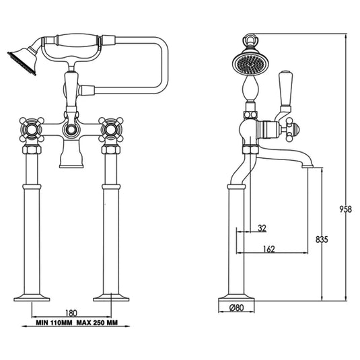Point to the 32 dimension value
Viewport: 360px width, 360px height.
[261, 228]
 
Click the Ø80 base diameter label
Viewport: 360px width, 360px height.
[236, 309]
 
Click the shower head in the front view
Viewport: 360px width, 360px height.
[20, 59]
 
